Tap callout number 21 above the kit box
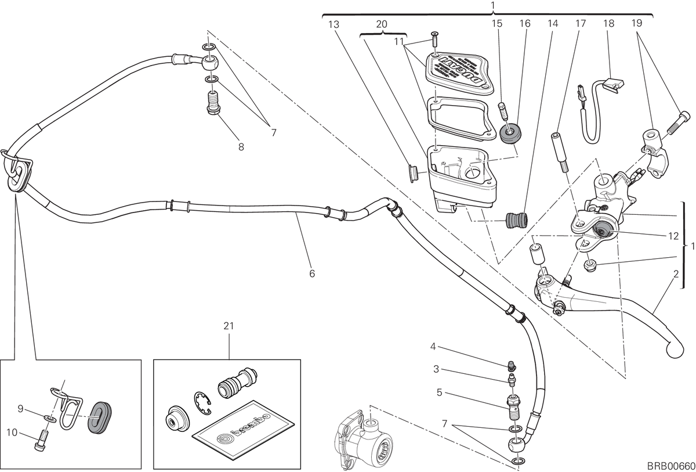pos(229,326)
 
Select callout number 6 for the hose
pos(312,273)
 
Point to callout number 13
pos(333,24)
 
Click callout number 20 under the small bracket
pos(382,24)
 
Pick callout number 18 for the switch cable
pos(608,23)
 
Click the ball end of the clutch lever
pos(675,350)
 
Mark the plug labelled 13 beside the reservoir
pos(412,174)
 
